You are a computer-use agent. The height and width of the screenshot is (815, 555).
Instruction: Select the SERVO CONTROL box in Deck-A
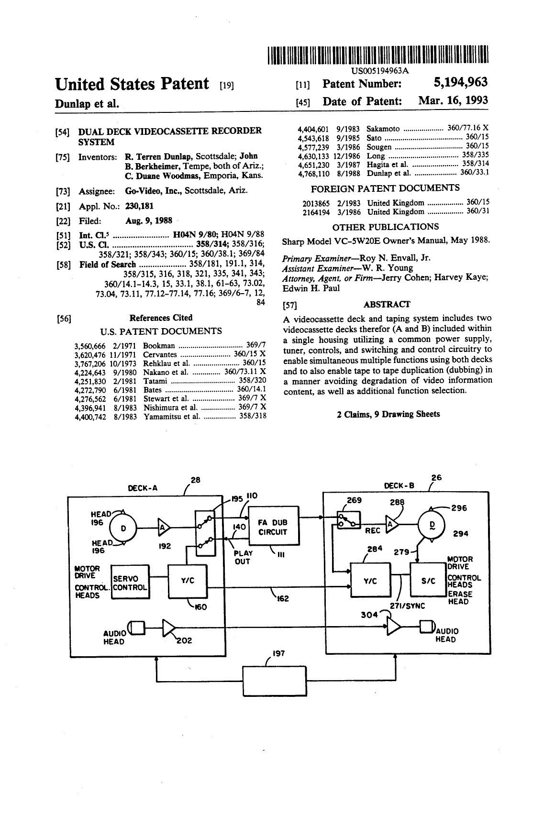[x=130, y=582]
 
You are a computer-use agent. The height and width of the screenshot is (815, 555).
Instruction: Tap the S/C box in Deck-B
[x=428, y=580]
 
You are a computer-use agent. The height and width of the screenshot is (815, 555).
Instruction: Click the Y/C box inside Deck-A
[x=188, y=581]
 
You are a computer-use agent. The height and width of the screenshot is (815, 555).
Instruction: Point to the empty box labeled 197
[x=275, y=681]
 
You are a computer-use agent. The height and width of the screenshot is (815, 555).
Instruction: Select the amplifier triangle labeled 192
[x=164, y=528]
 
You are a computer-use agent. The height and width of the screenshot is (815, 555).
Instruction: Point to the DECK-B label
[x=399, y=486]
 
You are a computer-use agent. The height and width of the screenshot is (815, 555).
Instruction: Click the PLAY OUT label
[x=243, y=557]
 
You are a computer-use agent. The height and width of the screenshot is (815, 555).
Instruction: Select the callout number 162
[x=283, y=598]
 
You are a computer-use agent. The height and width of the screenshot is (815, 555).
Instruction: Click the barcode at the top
[x=378, y=55]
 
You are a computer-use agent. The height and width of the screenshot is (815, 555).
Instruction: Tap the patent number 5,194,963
[x=460, y=82]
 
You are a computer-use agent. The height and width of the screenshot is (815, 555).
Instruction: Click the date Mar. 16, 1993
[x=453, y=100]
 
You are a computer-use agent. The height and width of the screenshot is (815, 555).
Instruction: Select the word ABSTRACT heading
[x=387, y=304]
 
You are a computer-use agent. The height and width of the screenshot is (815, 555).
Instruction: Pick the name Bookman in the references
[x=159, y=345]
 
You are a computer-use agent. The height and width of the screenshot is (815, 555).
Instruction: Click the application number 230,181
[x=139, y=206]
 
